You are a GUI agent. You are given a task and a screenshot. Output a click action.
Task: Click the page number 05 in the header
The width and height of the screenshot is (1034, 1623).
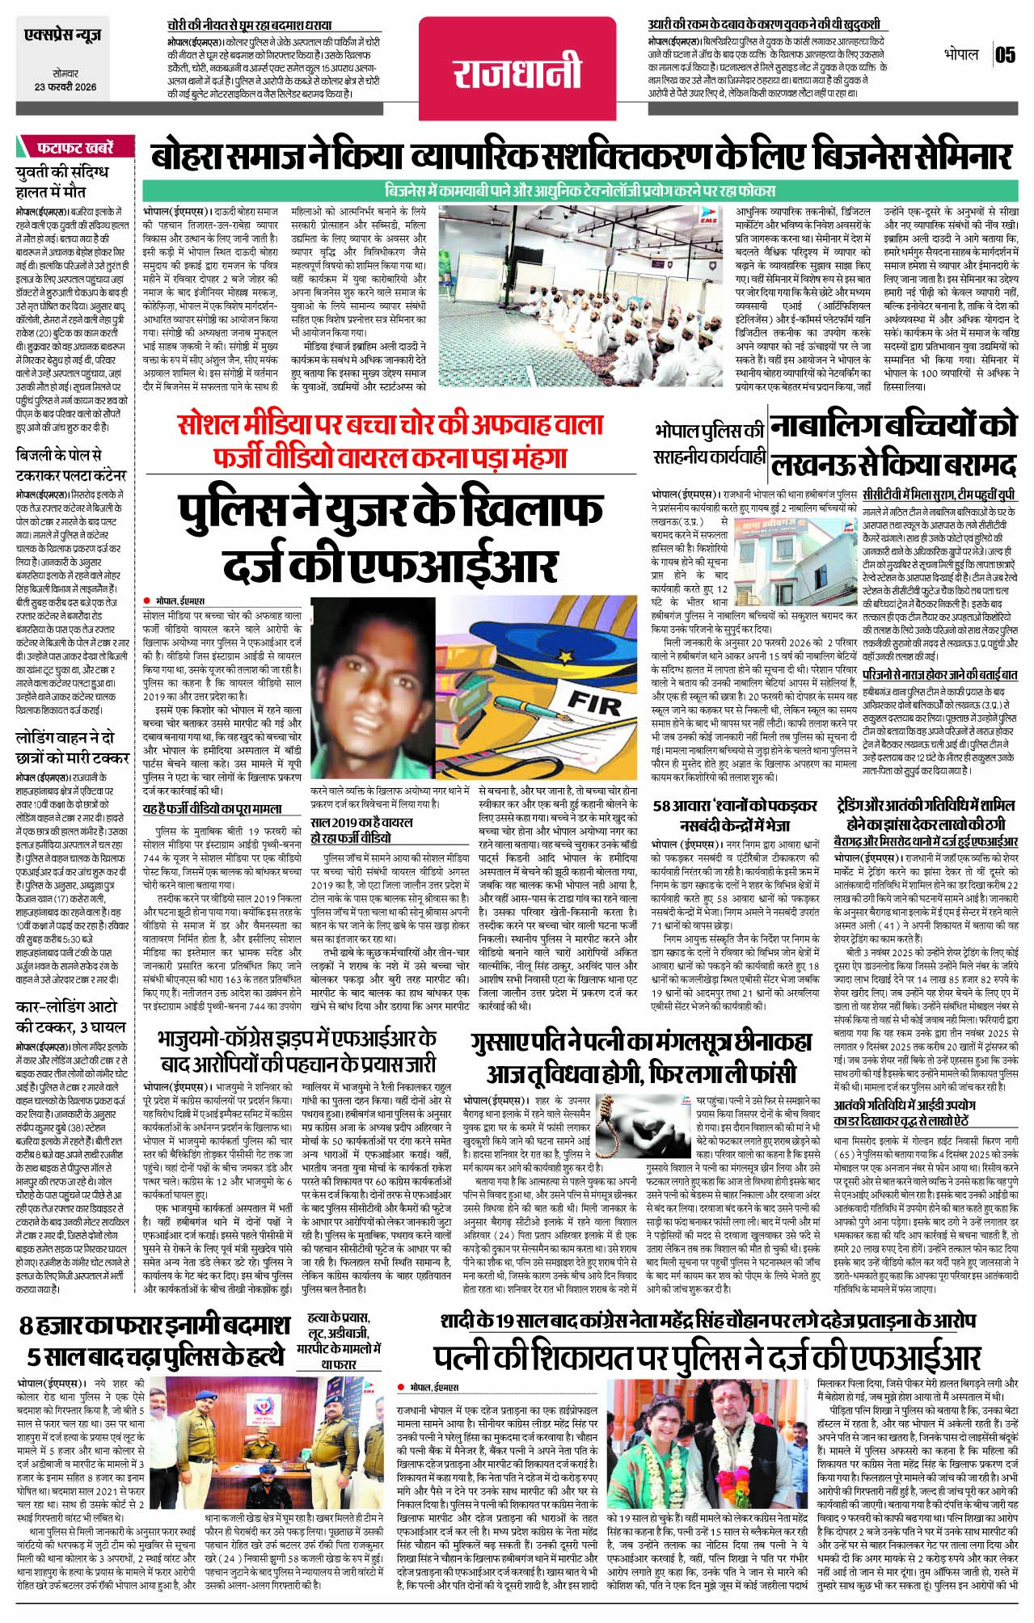pos(1005,55)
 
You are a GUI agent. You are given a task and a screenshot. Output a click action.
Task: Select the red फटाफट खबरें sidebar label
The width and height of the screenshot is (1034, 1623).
pos(76,148)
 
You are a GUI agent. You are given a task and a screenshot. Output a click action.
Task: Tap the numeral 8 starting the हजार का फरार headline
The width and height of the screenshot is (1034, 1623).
pos(27,1327)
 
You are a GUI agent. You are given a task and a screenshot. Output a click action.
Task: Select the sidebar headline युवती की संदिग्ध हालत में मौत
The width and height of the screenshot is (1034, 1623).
pos(61,182)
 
